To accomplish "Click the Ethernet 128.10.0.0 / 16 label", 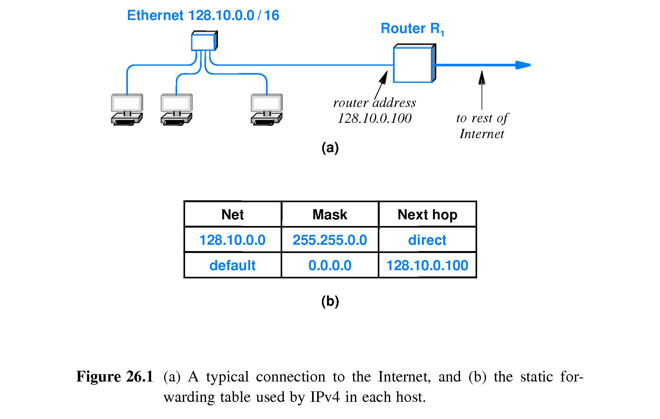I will click(203, 15).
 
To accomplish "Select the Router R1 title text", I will click(412, 29).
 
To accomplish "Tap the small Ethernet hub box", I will click(203, 42).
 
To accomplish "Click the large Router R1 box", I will click(413, 65).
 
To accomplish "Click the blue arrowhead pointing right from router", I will click(522, 65).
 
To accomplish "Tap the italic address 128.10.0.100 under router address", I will click(375, 118).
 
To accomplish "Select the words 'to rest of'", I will click(482, 118).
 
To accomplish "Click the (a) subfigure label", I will click(330, 148).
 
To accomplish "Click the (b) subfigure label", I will click(330, 301).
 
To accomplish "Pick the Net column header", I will click(232, 215).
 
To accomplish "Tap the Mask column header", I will click(330, 215).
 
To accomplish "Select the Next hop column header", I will click(427, 215).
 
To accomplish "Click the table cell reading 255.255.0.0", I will click(330, 240).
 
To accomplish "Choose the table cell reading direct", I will click(427, 240).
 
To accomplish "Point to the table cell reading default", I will click(232, 265).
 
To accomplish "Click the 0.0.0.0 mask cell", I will click(330, 265).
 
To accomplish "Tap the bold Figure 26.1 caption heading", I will click(115, 377).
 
